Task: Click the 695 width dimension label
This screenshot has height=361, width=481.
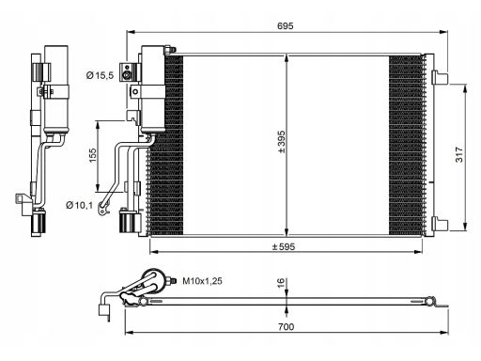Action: [286, 25]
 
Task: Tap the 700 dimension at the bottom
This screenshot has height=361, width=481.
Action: [286, 327]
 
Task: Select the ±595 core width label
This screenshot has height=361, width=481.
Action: [284, 246]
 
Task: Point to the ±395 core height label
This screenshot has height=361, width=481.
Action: [281, 142]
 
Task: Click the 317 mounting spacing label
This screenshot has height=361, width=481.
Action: [458, 154]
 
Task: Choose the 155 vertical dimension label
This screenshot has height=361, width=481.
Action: [93, 155]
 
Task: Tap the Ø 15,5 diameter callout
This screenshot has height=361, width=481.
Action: [101, 75]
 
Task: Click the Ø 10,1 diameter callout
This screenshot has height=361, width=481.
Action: [80, 205]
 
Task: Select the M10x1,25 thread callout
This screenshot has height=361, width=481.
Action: [203, 281]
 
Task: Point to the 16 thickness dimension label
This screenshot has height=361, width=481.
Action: [281, 283]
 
